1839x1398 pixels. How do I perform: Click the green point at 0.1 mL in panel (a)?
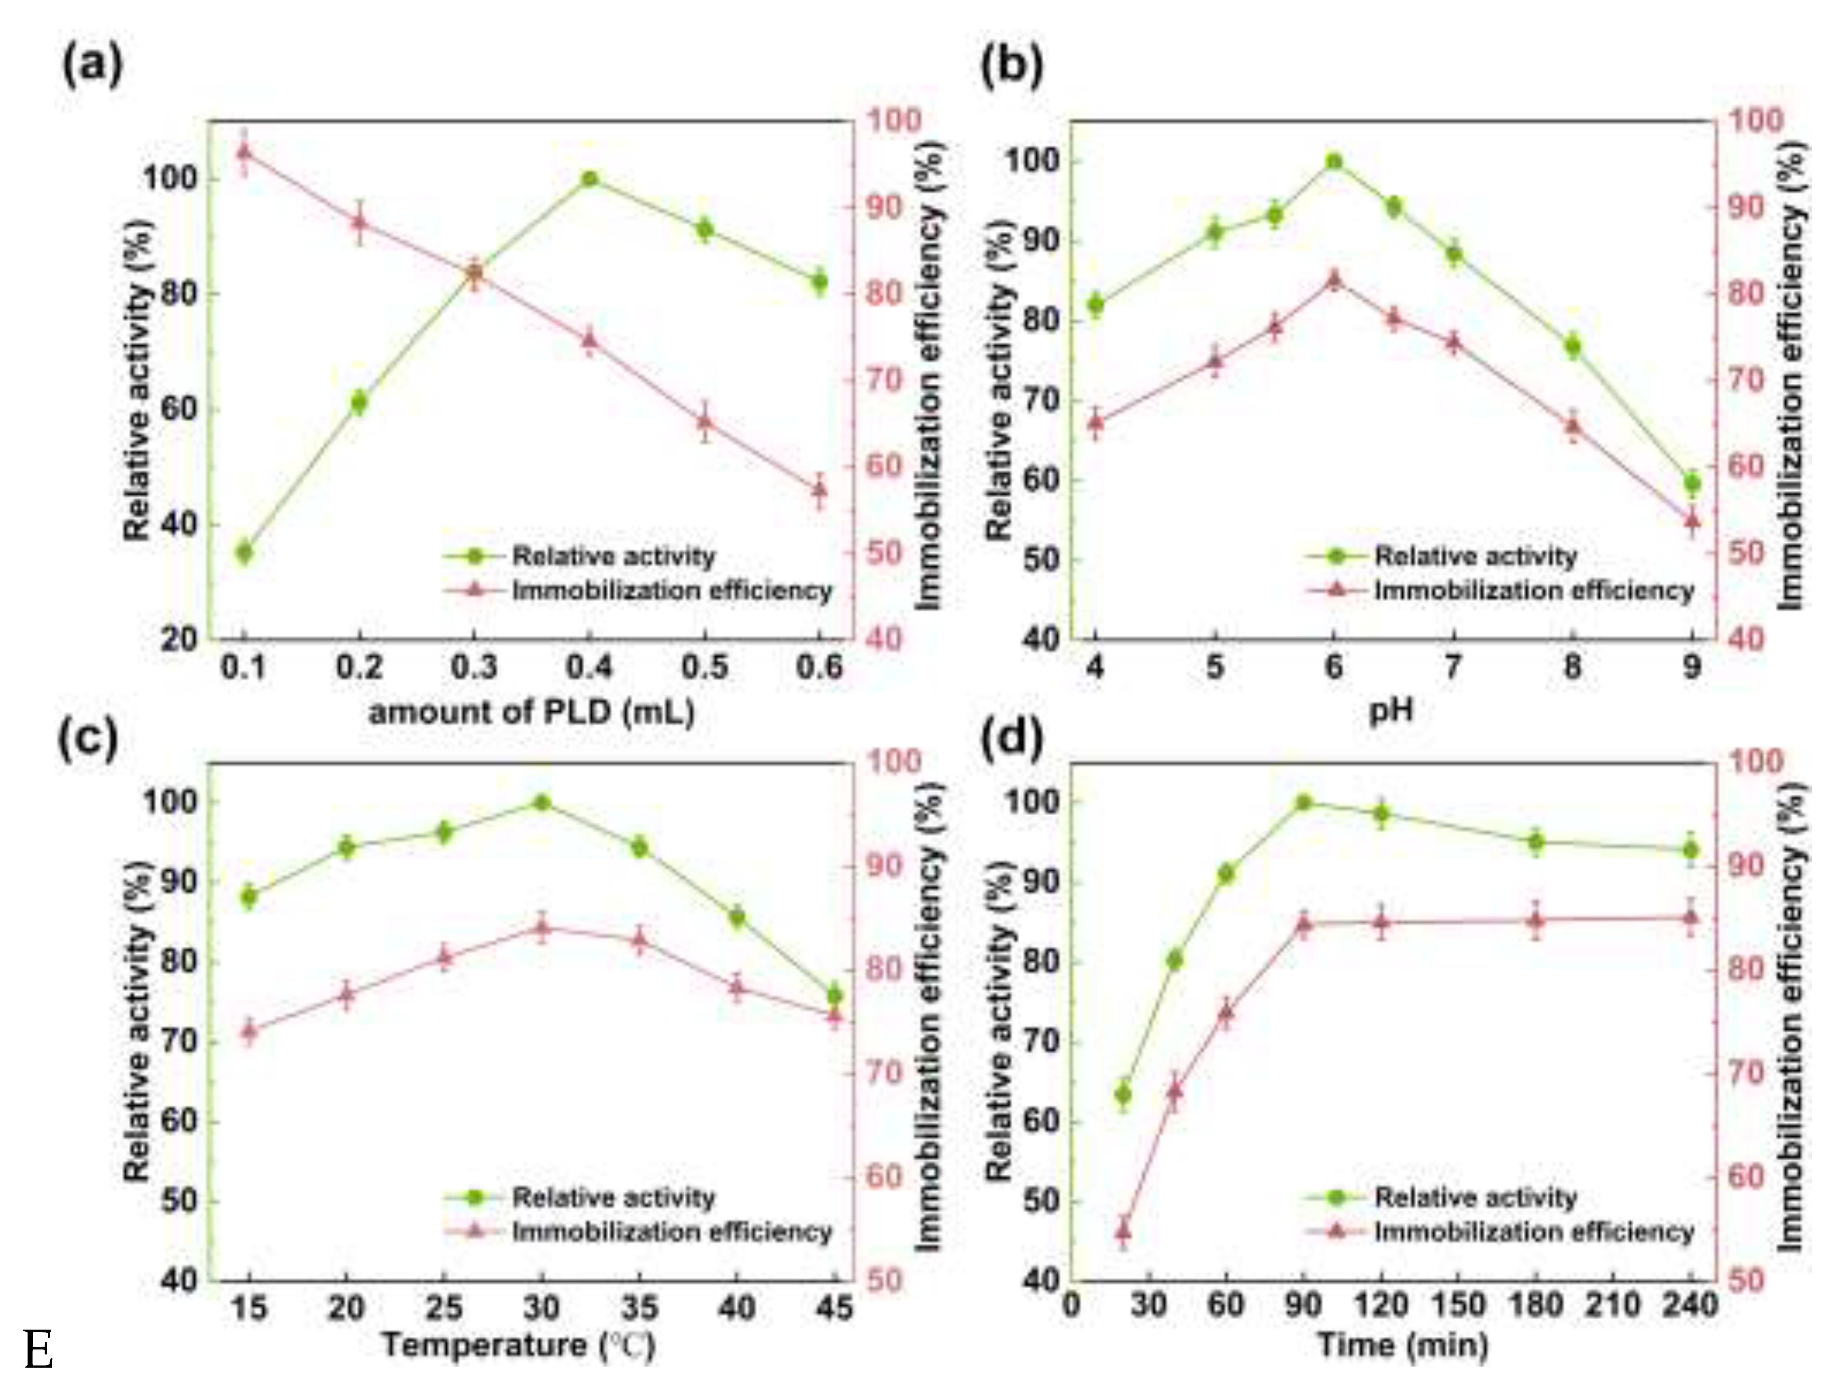coord(244,551)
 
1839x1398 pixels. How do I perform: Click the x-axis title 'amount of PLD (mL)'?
coord(531,713)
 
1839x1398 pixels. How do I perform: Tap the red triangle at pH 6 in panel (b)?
coord(1334,280)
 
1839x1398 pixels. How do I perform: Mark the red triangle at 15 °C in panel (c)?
coord(249,1030)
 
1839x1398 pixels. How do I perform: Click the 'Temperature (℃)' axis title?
coord(518,1346)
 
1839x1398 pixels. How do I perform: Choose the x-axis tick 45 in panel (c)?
coord(835,1308)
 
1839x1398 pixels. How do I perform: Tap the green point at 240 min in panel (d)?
coord(1690,850)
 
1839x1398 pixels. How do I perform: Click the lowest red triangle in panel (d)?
coord(1123,1230)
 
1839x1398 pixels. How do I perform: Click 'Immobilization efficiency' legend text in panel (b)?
coord(1534,591)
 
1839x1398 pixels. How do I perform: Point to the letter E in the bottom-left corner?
coord(38,1351)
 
